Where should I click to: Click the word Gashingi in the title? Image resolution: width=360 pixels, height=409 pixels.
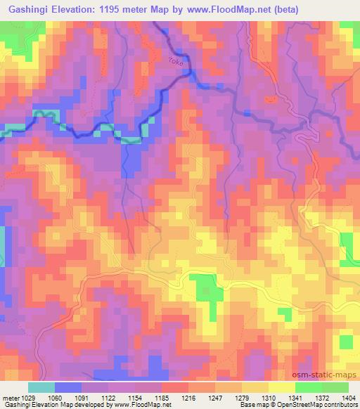[x=27, y=10]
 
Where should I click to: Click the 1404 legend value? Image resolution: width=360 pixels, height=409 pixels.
[x=349, y=398]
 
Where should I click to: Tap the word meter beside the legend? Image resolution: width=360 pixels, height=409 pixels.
[x=10, y=398]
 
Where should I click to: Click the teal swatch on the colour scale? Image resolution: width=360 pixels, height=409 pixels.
[x=41, y=388]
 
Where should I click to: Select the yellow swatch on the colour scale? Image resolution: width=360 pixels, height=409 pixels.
[x=281, y=388]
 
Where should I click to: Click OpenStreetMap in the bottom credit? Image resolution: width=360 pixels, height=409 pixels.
[x=312, y=405]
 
